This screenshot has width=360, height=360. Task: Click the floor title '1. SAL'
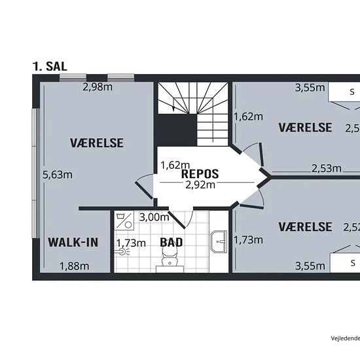[x=50, y=66]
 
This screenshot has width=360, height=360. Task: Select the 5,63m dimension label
[x=57, y=175]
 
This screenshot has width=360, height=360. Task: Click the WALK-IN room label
[x=73, y=242]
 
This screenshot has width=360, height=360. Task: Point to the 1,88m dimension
[x=74, y=266]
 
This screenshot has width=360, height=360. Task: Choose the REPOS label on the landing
[x=200, y=174]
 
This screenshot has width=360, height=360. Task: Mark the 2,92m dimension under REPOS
[x=200, y=185]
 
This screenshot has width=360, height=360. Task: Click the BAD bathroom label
[x=171, y=242]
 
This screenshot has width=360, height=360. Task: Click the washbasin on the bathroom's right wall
[x=219, y=242]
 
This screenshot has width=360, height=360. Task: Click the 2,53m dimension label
[x=326, y=168]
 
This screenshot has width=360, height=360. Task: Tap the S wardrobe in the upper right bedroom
[x=351, y=92]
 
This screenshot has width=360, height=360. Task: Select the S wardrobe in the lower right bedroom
[x=352, y=262]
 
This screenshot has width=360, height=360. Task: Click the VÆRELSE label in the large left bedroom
[x=97, y=142]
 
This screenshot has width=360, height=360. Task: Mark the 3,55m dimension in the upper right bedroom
[x=310, y=87]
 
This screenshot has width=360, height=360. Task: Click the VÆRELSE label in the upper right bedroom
[x=305, y=127]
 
